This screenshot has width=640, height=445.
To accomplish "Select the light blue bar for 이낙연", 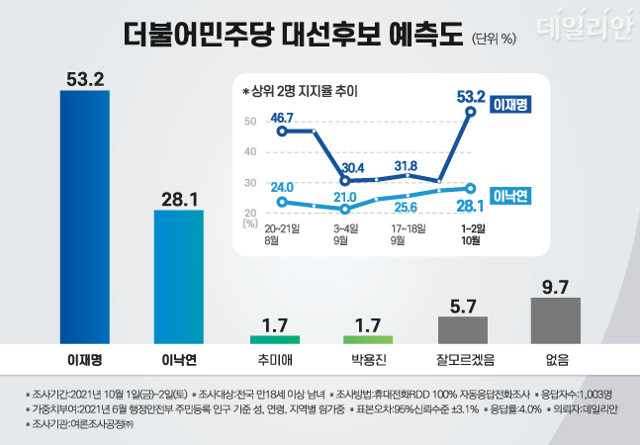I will click(178, 277).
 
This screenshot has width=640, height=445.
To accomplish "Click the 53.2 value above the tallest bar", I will click(86, 79).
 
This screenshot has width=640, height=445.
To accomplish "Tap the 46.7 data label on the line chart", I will click(283, 118).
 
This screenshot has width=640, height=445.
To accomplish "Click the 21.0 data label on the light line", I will click(343, 197).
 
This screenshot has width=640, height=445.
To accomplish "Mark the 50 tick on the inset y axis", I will click(249, 121).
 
